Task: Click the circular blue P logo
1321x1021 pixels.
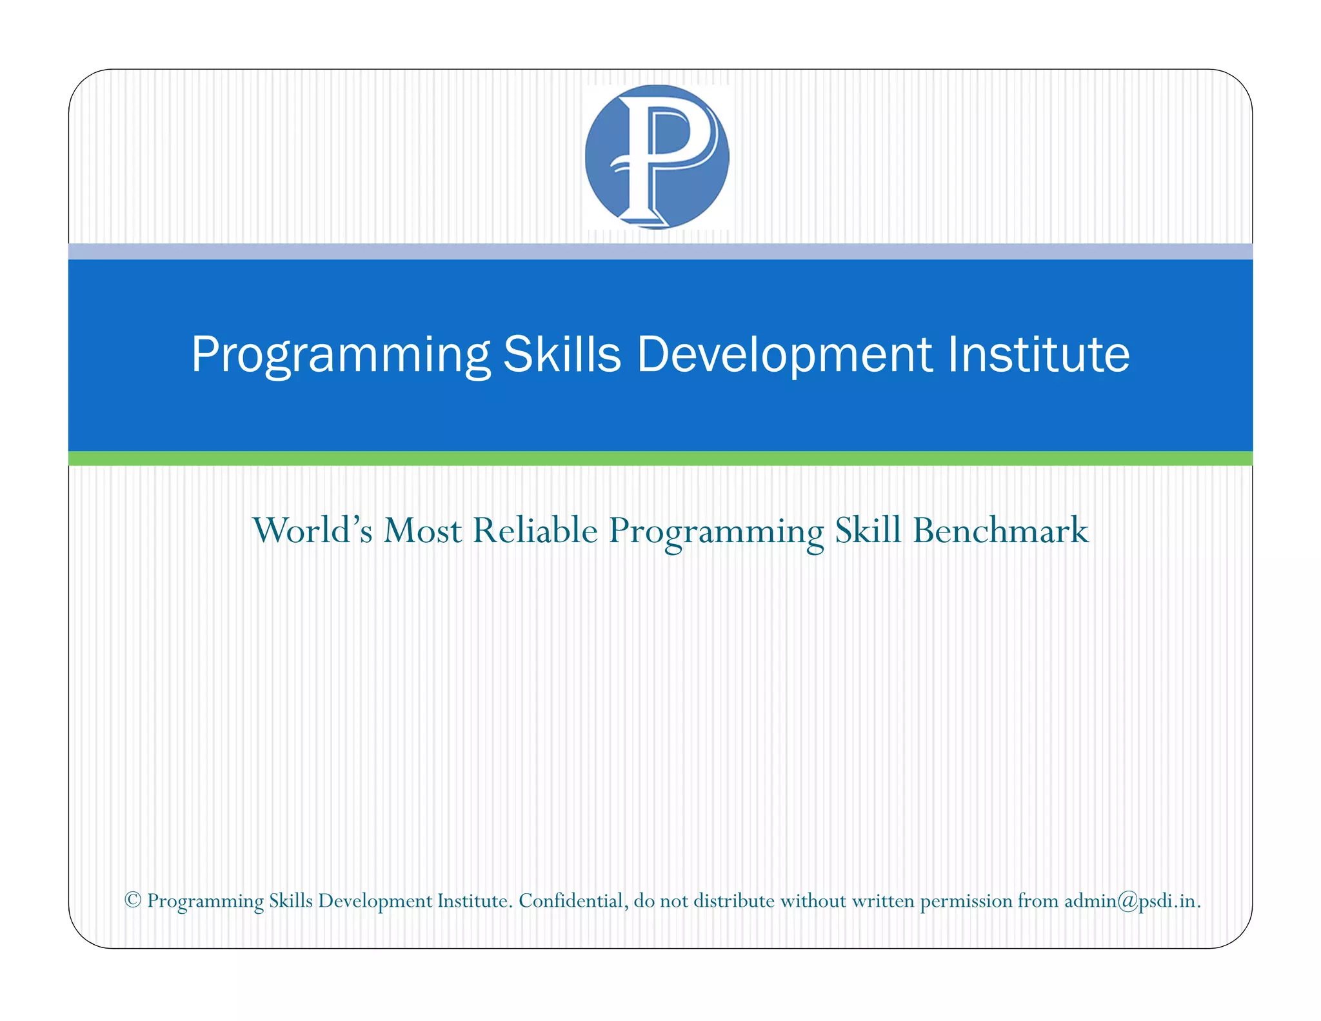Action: (x=657, y=157)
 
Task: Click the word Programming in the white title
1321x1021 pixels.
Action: (x=341, y=355)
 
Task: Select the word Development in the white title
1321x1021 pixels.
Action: (x=784, y=355)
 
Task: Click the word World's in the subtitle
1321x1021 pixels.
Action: (x=312, y=531)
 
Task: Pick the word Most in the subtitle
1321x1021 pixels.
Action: (x=422, y=531)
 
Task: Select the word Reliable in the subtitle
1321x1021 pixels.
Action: (x=535, y=531)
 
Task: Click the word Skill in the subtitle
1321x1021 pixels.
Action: (x=868, y=531)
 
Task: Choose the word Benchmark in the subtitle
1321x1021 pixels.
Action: (x=1000, y=531)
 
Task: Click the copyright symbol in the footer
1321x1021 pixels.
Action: (x=133, y=900)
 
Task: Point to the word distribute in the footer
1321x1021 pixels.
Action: (x=734, y=900)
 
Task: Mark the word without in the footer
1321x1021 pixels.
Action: (x=813, y=900)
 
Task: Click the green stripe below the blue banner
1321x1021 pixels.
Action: (x=660, y=458)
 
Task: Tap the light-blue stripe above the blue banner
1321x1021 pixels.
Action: (x=660, y=251)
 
